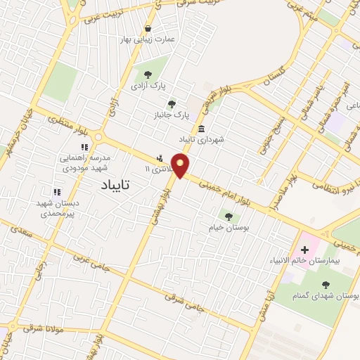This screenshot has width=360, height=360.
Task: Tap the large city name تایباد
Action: (x=112, y=185)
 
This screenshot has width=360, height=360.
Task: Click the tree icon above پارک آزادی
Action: (x=148, y=74)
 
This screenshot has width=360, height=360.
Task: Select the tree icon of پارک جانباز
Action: (x=172, y=104)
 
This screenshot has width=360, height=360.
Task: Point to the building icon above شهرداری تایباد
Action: (x=202, y=129)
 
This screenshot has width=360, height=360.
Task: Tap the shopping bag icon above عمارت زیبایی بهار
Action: (x=148, y=29)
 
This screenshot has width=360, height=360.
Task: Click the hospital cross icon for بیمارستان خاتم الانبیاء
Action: (x=305, y=250)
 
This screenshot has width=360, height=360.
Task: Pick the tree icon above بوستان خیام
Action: (x=228, y=215)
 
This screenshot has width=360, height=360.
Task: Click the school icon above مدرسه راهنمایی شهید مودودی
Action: (x=84, y=147)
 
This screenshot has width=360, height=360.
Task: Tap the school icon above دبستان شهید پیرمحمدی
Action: (x=57, y=191)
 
